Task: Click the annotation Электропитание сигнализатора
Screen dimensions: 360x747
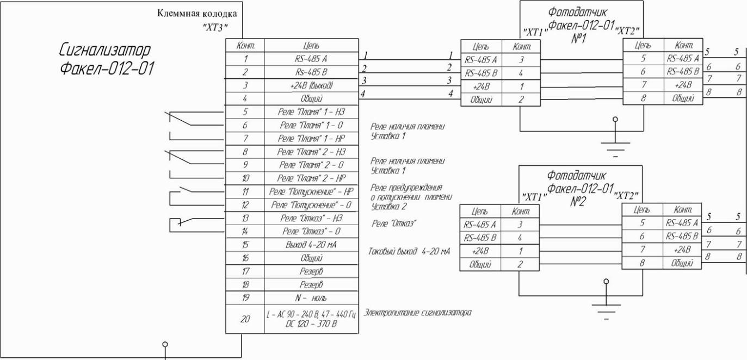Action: (417, 313)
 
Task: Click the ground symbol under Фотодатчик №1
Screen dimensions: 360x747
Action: (615, 144)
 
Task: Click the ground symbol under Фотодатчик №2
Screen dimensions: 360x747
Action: (605, 307)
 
